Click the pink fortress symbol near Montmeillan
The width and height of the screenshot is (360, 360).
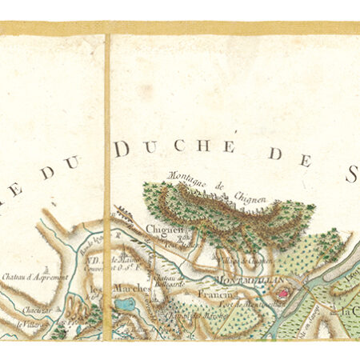tap(282, 294)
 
